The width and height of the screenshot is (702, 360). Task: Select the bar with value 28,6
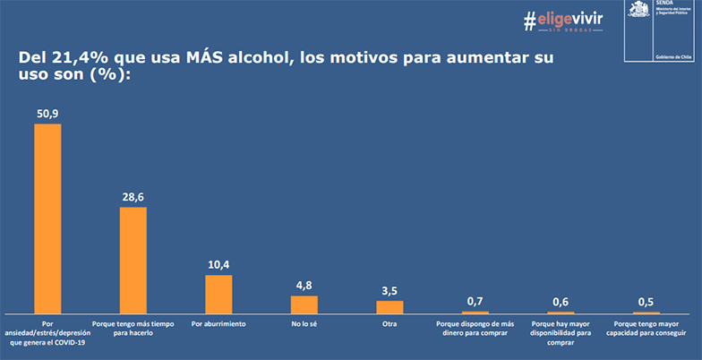coord(133,260)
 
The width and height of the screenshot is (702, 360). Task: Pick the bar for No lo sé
coord(304,304)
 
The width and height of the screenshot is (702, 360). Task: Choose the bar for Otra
coord(390,306)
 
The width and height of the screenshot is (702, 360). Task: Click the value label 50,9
coord(47,115)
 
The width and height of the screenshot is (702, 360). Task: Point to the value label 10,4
coord(218,266)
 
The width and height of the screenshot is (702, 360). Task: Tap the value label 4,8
coord(304,287)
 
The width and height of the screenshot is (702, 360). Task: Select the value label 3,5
coord(390,291)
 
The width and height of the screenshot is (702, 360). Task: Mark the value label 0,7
coord(475,301)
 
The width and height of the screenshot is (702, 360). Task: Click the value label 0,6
coord(561,302)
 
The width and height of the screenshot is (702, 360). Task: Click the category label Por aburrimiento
coord(218,323)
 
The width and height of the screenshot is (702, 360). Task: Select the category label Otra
coord(390,323)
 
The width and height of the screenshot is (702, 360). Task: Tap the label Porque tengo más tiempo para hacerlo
coord(133,328)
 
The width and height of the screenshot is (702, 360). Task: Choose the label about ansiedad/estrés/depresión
coord(48,331)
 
